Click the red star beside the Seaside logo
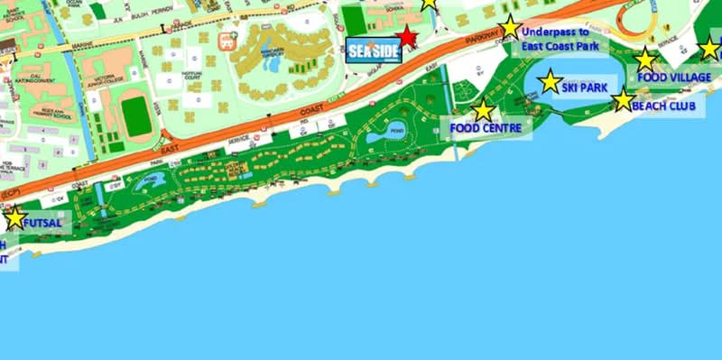click(x=408, y=38)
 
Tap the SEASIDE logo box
click(x=372, y=51)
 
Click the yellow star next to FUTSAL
click(x=14, y=218)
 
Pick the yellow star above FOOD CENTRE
click(x=484, y=110)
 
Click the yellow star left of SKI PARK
click(x=550, y=82)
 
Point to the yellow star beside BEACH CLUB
click(x=623, y=100)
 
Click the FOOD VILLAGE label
click(x=673, y=78)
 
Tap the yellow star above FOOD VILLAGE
click(x=645, y=60)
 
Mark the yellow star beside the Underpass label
click(x=511, y=27)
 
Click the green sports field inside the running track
click(x=135, y=116)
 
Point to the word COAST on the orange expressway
click(x=308, y=110)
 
